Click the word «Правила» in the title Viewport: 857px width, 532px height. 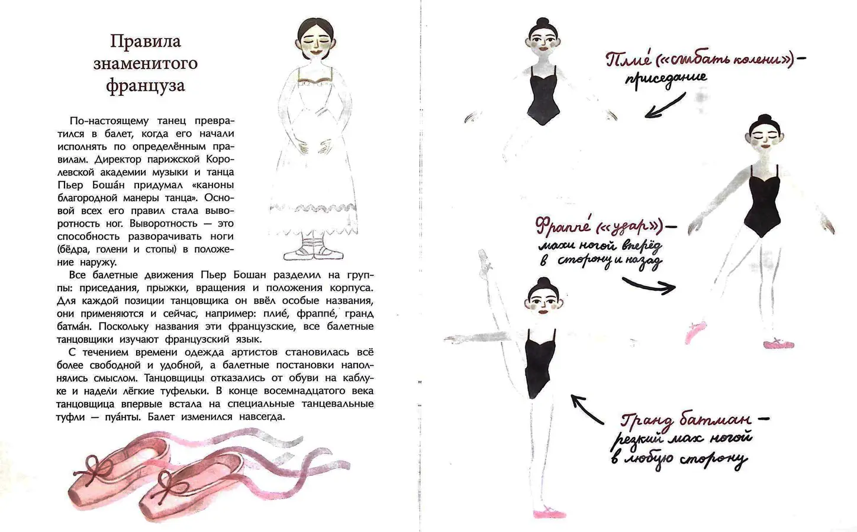pos(146,41)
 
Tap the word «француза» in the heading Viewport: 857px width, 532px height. pos(146,86)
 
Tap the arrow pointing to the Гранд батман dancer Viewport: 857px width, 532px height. pos(587,409)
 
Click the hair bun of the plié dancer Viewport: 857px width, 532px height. pos(542,21)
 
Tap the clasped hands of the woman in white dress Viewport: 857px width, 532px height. pos(314,145)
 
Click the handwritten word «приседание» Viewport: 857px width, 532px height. pos(666,79)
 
